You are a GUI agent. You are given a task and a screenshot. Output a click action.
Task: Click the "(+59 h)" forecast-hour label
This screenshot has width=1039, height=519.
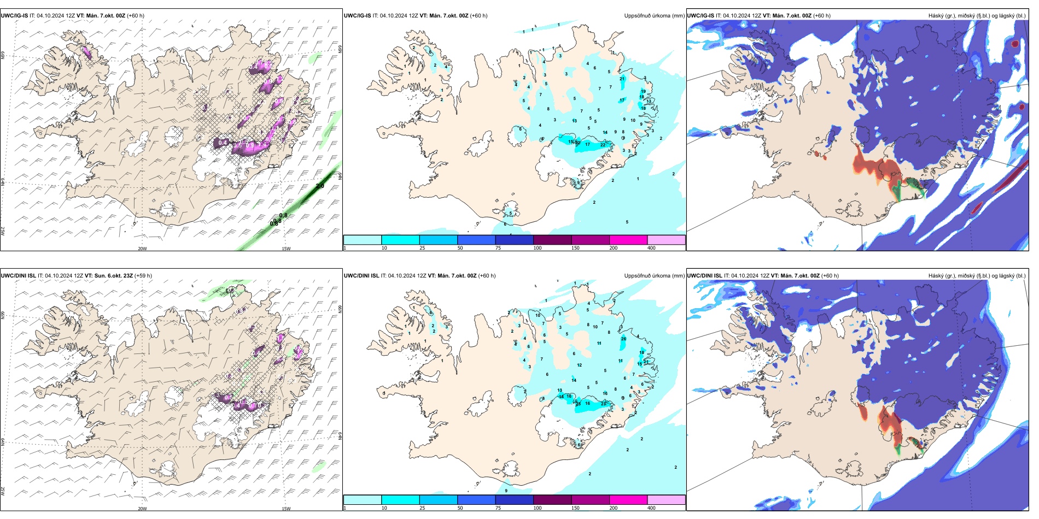pos(143,276)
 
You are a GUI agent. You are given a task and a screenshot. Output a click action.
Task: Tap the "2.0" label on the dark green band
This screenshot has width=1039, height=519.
pos(320,186)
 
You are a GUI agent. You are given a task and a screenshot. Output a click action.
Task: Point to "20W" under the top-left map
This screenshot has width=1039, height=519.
pos(142,249)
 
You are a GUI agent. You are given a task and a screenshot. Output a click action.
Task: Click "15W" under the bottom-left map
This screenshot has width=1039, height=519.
pos(286,509)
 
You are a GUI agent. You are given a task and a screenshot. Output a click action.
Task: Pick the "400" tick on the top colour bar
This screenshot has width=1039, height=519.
pos(651,248)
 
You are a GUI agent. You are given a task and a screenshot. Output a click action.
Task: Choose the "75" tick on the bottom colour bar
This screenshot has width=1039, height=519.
pos(498,508)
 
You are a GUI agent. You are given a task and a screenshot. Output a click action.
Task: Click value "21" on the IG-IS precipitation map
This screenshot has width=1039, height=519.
pos(622,79)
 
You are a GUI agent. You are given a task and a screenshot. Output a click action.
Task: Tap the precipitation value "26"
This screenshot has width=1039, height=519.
pos(623,339)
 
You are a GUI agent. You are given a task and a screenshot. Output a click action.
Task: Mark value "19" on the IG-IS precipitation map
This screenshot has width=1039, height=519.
pos(643,92)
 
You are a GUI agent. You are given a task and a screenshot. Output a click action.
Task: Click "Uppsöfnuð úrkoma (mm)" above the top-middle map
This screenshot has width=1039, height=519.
pos(654,16)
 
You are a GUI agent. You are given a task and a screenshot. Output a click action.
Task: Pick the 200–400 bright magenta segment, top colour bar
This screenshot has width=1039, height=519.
pos(628,240)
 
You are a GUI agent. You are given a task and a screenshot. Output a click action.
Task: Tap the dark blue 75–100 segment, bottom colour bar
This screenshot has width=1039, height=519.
pos(514,500)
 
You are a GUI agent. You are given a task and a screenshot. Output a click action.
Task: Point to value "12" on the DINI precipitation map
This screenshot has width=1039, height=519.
pos(579,365)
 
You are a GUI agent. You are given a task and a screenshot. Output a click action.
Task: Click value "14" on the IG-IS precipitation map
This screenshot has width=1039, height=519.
pos(605,132)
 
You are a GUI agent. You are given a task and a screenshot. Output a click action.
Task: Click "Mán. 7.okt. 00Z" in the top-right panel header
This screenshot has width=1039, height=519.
pos(792,16)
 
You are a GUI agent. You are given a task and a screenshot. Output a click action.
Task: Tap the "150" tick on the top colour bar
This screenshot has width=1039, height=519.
pos(575,248)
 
